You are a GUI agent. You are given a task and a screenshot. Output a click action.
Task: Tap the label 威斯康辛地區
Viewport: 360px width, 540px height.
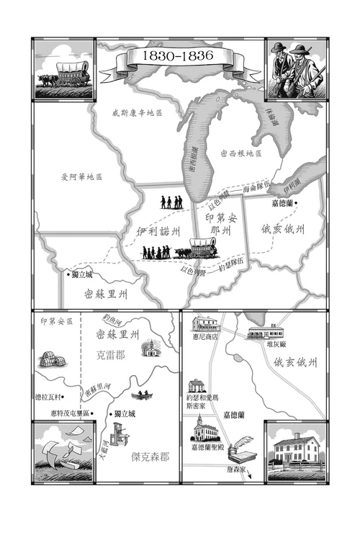click(x=137, y=113)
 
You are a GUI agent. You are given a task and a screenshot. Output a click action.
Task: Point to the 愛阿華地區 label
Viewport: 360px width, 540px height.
click(x=81, y=177)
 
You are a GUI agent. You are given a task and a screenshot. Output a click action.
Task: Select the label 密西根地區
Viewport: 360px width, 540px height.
click(x=241, y=153)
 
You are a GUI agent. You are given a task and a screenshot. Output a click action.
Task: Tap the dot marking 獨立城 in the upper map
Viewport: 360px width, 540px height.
click(x=68, y=274)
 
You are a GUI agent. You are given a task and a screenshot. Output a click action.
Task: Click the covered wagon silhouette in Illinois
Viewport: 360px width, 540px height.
click(x=202, y=247)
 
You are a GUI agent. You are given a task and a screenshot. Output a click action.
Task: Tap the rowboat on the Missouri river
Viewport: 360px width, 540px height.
click(x=140, y=395)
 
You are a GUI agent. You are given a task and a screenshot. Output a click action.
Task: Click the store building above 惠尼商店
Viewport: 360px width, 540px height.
click(x=205, y=323)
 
